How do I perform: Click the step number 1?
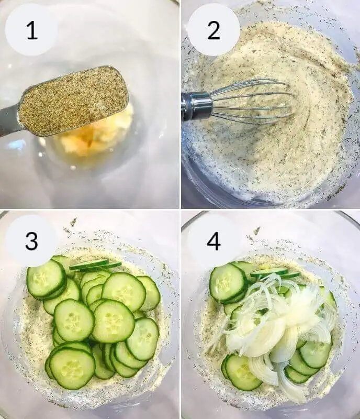coord(31,31)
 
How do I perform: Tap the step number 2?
coord(213,31)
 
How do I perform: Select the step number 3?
coord(31,241)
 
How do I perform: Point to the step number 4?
coord(213,241)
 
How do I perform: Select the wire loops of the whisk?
coord(251,102)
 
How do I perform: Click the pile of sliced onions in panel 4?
coord(277,325)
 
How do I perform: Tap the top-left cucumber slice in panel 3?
coord(46,279)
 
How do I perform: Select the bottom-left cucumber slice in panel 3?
coord(72,367)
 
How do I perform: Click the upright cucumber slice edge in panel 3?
coord(94,265)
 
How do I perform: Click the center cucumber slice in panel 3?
coord(113,321)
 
